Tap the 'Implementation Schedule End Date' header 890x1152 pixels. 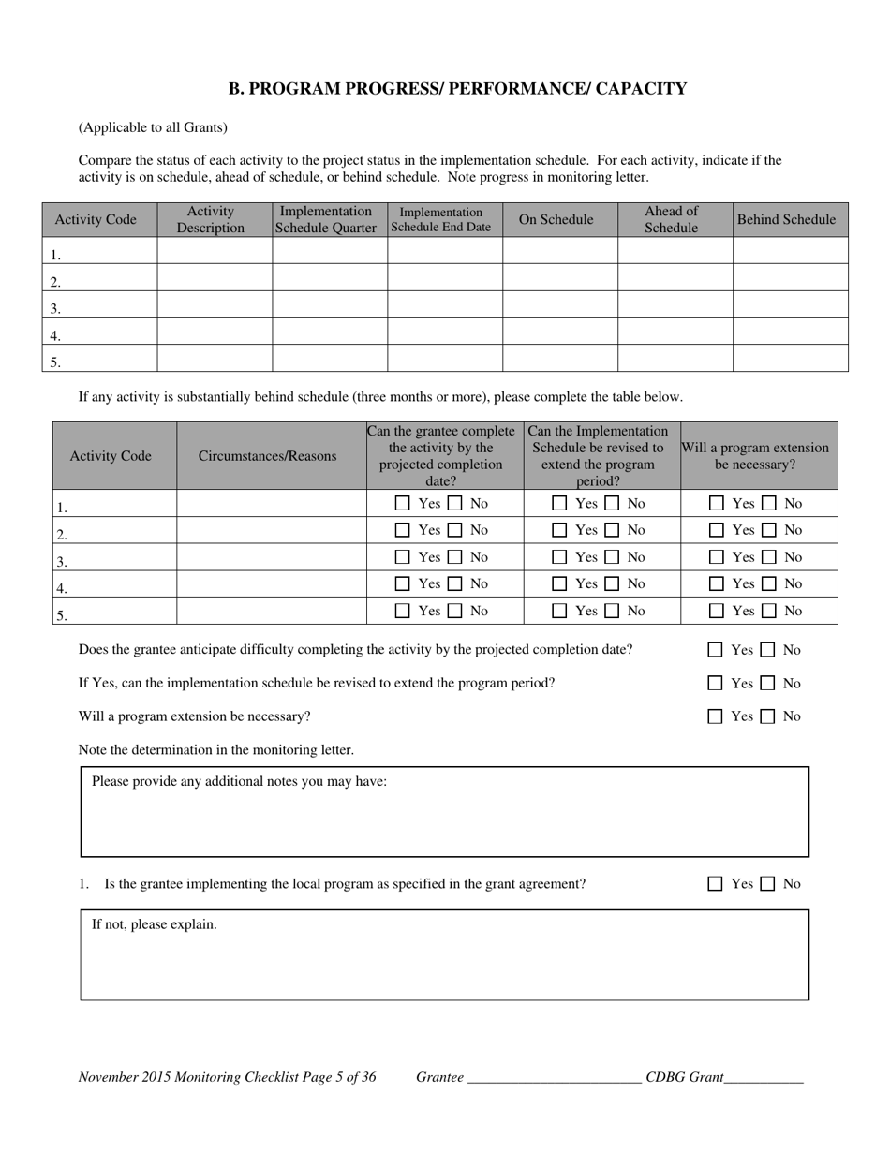[x=445, y=219]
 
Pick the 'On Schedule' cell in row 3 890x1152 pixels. [x=559, y=304]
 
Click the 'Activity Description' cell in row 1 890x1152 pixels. [x=215, y=250]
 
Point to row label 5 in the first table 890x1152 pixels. [x=56, y=362]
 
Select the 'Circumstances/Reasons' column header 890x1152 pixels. [x=268, y=456]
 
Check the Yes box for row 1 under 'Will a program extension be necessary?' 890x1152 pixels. [x=717, y=503]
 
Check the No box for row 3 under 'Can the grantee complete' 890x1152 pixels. [x=454, y=557]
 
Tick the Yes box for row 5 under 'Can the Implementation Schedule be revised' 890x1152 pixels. [x=559, y=611]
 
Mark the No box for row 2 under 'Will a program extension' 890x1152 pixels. [x=768, y=530]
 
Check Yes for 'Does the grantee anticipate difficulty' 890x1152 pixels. [x=716, y=650]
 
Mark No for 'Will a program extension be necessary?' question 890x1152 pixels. [x=767, y=716]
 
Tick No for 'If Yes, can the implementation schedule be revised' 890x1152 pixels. [x=767, y=684]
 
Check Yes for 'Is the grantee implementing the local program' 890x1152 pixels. [x=716, y=884]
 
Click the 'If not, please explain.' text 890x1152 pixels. [x=155, y=924]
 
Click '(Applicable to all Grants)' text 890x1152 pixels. [x=153, y=127]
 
